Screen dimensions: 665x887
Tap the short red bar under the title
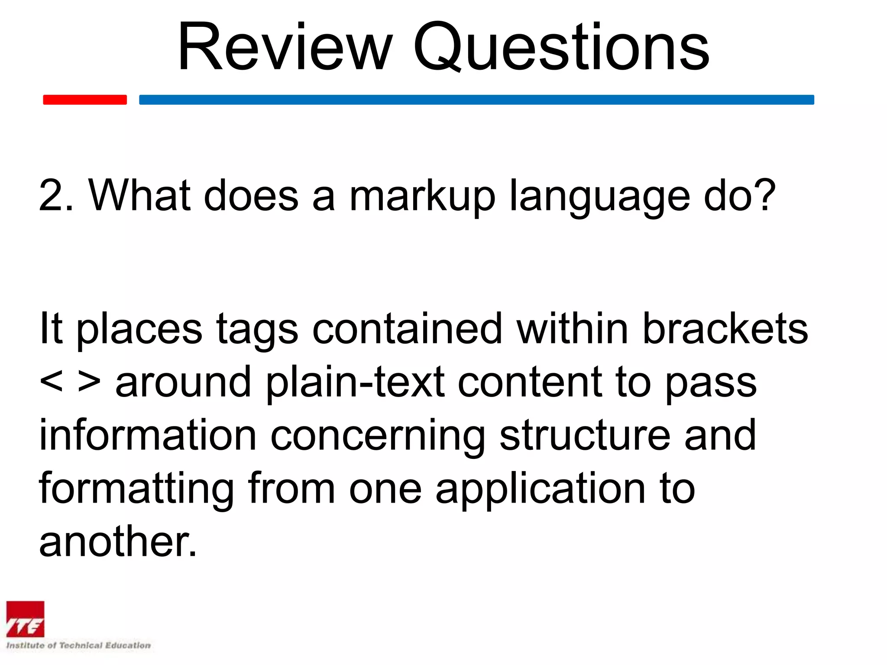click(x=85, y=100)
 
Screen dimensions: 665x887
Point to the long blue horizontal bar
click(x=476, y=100)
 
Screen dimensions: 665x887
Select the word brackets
click(x=725, y=329)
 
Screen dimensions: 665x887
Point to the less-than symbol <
click(x=51, y=382)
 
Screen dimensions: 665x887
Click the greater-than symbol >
click(x=89, y=382)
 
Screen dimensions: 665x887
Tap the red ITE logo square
click(x=25, y=619)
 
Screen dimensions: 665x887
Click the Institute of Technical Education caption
click(x=78, y=646)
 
